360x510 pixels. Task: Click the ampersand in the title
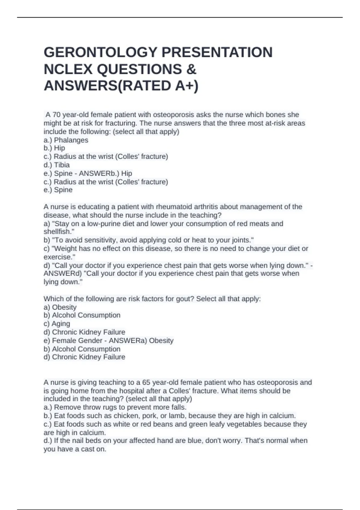coord(191,69)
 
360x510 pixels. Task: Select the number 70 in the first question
coord(57,115)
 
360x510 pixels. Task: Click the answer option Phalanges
coord(71,140)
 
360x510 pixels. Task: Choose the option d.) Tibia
coord(57,165)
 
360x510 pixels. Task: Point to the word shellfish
coord(58,232)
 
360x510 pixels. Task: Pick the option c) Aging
coord(57,324)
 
